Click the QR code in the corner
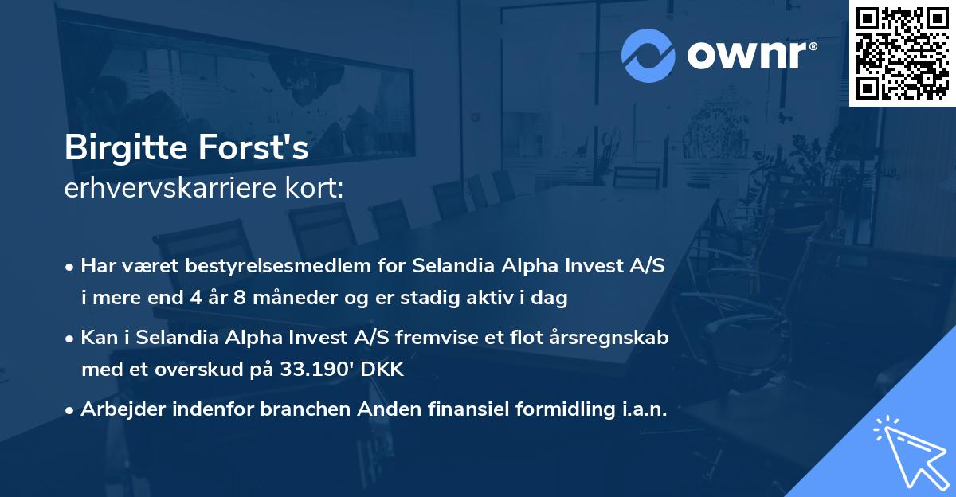(901, 53)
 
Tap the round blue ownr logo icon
(648, 56)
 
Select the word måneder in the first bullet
(288, 299)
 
